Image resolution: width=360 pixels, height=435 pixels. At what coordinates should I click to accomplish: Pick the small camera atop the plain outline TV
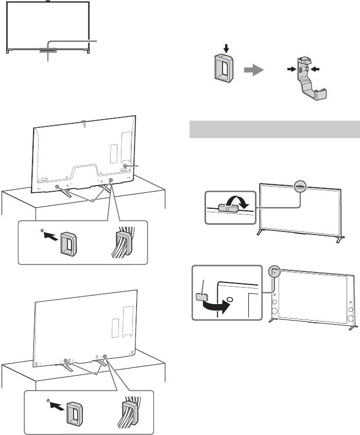click(x=47, y=2)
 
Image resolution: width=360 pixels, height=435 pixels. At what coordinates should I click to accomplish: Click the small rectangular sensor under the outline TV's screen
click(x=48, y=50)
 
